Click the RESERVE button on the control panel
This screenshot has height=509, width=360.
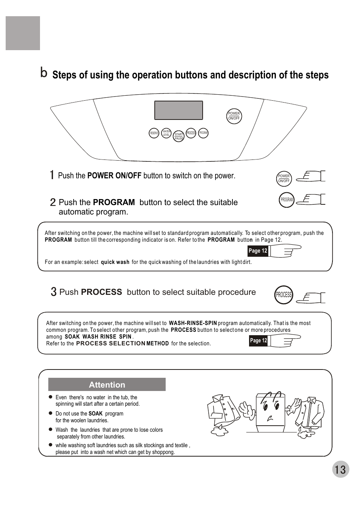[x=154, y=133]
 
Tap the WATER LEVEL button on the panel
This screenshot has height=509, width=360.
[x=166, y=133]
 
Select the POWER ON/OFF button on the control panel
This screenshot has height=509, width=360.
[x=234, y=116]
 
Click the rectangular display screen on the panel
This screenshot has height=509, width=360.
[x=178, y=110]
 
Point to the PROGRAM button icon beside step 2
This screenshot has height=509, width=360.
[x=287, y=200]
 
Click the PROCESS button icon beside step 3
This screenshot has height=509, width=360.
[x=284, y=295]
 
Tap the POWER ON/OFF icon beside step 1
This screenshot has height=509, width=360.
[x=284, y=178]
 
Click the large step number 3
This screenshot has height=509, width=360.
[x=54, y=292]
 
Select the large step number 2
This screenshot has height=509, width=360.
[x=53, y=202]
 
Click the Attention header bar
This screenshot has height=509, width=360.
[x=107, y=385]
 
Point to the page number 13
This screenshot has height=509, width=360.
[x=340, y=469]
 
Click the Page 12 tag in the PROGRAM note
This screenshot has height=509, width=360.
[x=258, y=251]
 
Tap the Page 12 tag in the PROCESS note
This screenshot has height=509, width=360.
[x=258, y=340]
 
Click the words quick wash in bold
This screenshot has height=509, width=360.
[x=115, y=262]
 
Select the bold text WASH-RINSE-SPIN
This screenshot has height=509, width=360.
[x=193, y=323]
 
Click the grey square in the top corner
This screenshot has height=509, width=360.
[x=23, y=33]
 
